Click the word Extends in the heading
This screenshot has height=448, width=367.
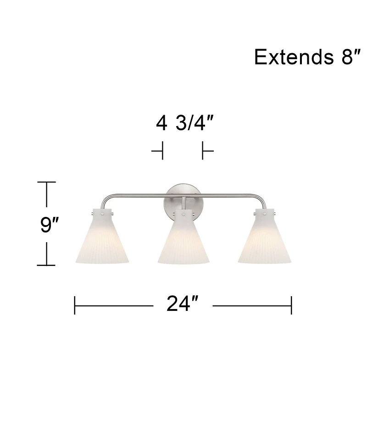click(289, 57)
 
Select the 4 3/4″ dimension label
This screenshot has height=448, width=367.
click(184, 123)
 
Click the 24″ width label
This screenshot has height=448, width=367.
click(183, 304)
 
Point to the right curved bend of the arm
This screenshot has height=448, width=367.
click(260, 198)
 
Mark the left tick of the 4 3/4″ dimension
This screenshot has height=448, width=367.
click(162, 150)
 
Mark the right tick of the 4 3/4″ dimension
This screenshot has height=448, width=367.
click(203, 150)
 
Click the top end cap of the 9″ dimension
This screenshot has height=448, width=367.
click(46, 182)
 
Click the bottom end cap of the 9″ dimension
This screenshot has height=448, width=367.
click(46, 265)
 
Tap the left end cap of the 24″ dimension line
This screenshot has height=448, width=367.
click(75, 305)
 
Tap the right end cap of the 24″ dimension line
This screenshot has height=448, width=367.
click(291, 305)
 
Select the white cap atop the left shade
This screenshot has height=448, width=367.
click(102, 214)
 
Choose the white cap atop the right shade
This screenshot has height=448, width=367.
click(265, 214)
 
